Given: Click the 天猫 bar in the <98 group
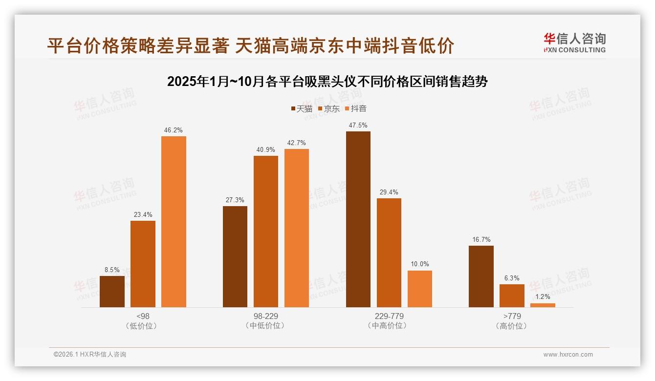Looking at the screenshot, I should coord(112,292).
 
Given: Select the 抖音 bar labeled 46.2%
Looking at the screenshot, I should coord(174,222).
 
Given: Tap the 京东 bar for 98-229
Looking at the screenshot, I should coord(265,232).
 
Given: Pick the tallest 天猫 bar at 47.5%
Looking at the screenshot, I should coord(358,219).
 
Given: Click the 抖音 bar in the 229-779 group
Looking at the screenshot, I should coord(420,289).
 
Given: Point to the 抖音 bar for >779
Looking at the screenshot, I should coord(543,305).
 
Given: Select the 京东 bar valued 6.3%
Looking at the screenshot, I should coord(512,296).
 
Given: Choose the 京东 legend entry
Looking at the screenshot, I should coord(329,108).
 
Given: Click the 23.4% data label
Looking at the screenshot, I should coord(143,214).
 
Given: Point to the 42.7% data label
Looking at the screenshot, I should coord(297,143).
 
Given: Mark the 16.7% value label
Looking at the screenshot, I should coord(481,239).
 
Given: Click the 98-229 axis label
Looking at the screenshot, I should coord(266,316).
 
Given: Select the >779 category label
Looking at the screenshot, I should coord(512,316).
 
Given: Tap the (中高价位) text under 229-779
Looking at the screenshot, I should coord(389,326).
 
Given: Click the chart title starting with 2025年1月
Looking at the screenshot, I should coord(327,82).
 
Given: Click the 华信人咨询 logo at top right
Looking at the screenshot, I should coord(574,42).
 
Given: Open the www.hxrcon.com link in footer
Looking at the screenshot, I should coord(568,355).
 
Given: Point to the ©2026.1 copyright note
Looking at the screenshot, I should coord(90,355).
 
